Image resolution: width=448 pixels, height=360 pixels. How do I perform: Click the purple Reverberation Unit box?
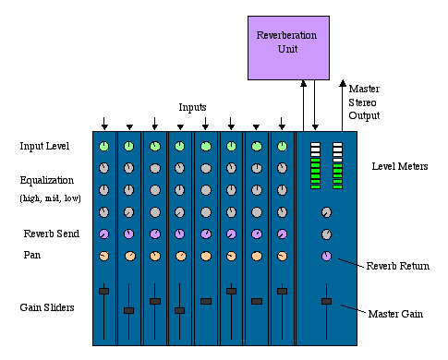[x=286, y=46]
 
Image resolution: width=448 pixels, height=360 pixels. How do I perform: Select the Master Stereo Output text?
[x=364, y=102]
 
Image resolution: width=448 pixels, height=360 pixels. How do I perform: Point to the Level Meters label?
[x=398, y=166]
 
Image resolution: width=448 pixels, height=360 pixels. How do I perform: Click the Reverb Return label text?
[x=396, y=266]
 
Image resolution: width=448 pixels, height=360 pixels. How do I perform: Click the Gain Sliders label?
[x=46, y=306]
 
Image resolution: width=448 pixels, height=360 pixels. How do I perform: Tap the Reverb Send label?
[x=48, y=233]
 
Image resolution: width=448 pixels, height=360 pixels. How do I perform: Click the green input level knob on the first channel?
[x=104, y=146]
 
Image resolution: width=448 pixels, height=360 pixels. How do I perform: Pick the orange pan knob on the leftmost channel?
[x=104, y=256]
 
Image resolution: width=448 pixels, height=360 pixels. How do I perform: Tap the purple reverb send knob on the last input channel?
[x=282, y=234]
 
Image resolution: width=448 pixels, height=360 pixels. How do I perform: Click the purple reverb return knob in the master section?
[x=326, y=256]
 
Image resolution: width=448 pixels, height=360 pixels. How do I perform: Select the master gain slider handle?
[x=326, y=301]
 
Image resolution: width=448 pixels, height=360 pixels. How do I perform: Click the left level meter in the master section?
[x=315, y=166]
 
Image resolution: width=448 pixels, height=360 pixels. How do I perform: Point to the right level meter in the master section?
[x=338, y=166]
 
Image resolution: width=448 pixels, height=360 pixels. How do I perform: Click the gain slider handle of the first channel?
[x=104, y=291]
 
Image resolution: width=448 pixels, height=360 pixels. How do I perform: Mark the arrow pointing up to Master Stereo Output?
[x=344, y=102]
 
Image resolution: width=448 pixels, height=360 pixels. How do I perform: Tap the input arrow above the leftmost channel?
[x=104, y=123]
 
